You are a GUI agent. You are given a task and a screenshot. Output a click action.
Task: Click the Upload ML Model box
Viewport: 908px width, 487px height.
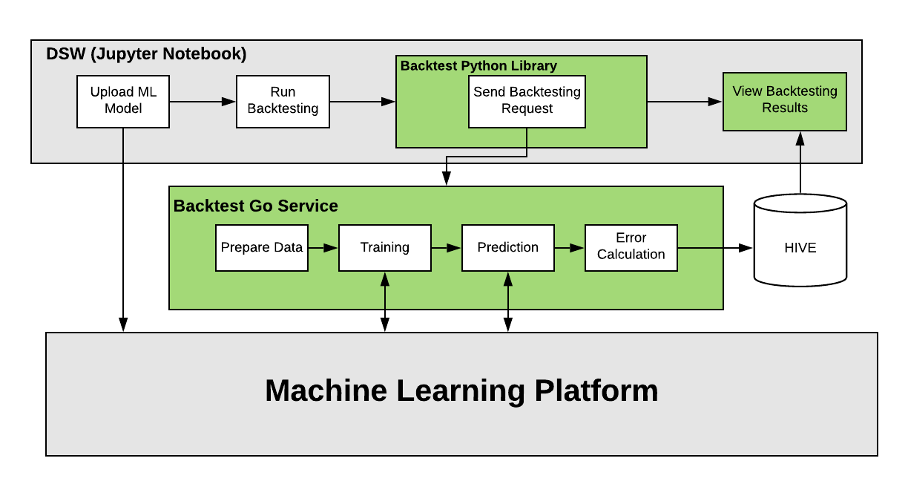[123, 100]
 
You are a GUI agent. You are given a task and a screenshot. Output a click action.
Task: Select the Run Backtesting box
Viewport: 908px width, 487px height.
[283, 100]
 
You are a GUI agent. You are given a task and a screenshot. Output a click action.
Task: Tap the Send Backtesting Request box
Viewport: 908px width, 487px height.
[527, 101]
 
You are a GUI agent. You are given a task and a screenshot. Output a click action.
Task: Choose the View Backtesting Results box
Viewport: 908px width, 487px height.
[784, 100]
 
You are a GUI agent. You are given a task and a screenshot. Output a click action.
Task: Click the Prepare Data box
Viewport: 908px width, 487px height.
[262, 247]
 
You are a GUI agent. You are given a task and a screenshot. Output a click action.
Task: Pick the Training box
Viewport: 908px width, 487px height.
[384, 247]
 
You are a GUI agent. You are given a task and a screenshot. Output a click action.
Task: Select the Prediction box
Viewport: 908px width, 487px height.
[507, 247]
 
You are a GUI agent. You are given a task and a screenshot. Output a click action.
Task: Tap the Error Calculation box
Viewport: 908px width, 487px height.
[631, 247]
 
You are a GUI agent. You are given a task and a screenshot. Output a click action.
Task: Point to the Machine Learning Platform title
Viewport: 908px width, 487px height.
[461, 391]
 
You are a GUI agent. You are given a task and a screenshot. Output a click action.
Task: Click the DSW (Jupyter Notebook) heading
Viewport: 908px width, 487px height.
[146, 54]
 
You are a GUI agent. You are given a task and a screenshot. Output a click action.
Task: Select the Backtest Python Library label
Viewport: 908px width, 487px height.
[478, 65]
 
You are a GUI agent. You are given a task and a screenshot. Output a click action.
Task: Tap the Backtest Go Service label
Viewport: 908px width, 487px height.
[255, 206]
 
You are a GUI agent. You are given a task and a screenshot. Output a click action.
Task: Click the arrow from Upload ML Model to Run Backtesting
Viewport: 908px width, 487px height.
[203, 101]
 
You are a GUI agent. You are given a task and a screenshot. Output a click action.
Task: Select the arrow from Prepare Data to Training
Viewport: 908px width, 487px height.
[323, 248]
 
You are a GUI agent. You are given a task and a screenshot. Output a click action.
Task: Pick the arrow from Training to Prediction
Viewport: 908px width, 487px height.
[446, 248]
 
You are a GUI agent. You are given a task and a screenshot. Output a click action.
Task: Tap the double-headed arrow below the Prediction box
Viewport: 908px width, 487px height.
[508, 301]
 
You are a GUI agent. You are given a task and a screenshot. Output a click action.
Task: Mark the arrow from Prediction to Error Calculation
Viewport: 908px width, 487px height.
[569, 248]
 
